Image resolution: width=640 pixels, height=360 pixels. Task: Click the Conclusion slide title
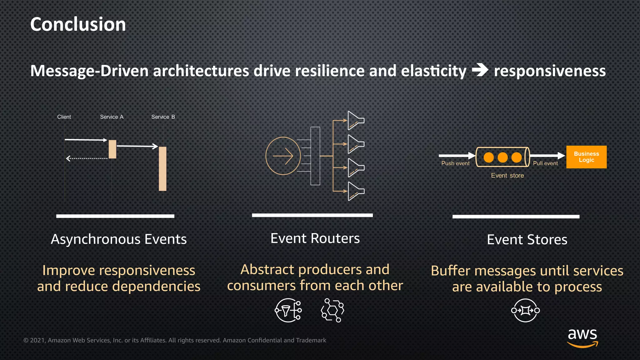[78, 24]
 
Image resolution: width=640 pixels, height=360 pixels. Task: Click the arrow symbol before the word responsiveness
[480, 70]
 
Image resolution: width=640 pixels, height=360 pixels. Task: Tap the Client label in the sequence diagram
[64, 117]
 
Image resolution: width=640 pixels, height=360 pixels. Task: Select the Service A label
[112, 117]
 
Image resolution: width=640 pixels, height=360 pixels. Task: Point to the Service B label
[163, 117]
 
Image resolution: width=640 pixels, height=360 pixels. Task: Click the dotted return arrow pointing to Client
[87, 158]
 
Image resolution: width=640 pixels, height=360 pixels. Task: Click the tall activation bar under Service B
[162, 168]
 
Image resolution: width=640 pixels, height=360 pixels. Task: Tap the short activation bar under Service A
[112, 149]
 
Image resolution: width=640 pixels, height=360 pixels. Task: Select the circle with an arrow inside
[283, 156]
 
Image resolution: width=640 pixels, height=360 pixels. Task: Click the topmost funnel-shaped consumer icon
[356, 120]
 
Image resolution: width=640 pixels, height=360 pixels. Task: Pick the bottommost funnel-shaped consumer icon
[356, 191]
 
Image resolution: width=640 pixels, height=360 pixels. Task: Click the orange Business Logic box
[586, 157]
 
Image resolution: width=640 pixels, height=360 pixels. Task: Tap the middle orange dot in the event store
[502, 157]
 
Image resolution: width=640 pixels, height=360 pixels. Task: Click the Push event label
[455, 163]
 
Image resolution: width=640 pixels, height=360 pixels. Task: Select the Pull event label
[545, 163]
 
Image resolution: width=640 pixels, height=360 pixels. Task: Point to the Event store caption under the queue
[507, 176]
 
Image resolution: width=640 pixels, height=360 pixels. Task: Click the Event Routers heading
[315, 238]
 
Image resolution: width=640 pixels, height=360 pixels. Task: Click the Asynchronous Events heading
[119, 239]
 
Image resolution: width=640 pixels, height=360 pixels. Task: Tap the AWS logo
[582, 337]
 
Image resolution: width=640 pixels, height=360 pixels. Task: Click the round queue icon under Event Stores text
[525, 310]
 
